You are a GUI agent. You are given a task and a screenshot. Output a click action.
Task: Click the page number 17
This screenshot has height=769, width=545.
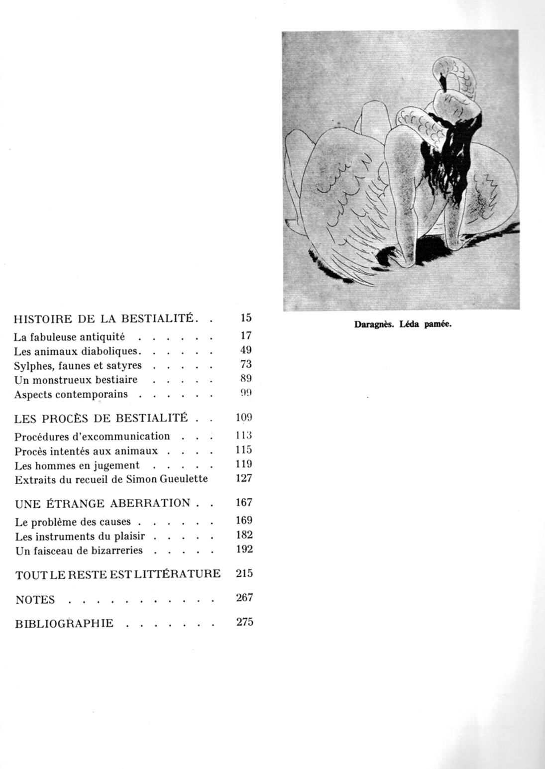pyautogui.click(x=245, y=336)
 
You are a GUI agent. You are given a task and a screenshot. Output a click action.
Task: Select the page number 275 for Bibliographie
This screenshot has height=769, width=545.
pyautogui.click(x=244, y=622)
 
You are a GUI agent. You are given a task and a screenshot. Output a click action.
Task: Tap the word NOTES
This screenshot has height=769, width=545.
pyautogui.click(x=35, y=600)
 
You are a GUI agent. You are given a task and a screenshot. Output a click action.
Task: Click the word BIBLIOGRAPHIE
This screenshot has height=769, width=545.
pyautogui.click(x=64, y=624)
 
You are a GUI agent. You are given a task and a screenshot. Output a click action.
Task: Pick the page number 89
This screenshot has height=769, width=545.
pyautogui.click(x=245, y=379)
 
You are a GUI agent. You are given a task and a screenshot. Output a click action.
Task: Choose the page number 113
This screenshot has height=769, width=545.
pyautogui.click(x=244, y=436)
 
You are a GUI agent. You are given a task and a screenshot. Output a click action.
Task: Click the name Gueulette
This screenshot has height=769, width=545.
pyautogui.click(x=187, y=480)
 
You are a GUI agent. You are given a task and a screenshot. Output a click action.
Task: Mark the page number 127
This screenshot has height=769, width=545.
pyautogui.click(x=244, y=478)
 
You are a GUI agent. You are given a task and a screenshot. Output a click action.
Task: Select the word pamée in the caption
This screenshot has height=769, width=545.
pyautogui.click(x=437, y=325)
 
